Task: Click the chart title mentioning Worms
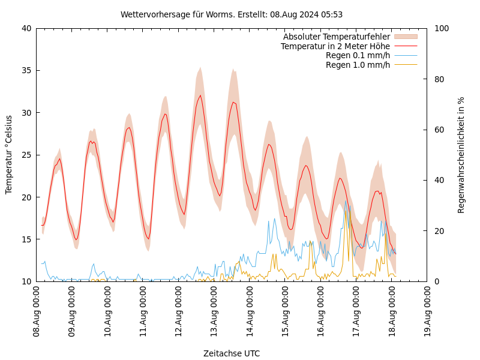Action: tap(232, 14)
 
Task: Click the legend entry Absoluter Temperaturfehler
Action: tap(336, 37)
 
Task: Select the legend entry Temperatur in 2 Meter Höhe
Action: tap(335, 46)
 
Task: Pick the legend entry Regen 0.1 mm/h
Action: tap(358, 55)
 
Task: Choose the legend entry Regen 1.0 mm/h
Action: tap(358, 65)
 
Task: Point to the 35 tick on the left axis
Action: tap(26, 70)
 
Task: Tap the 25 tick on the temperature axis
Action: tap(26, 155)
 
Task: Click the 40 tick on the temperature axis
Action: tap(26, 28)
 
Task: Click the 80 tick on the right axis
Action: tap(439, 79)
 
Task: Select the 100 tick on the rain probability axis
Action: tap(441, 28)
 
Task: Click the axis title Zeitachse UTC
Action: tap(232, 353)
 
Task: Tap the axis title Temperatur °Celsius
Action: tap(9, 155)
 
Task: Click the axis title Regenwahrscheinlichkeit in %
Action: tap(461, 155)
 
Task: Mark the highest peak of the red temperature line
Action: tap(200, 95)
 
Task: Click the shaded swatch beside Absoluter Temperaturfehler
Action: tap(406, 37)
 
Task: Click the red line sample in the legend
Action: tap(406, 46)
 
